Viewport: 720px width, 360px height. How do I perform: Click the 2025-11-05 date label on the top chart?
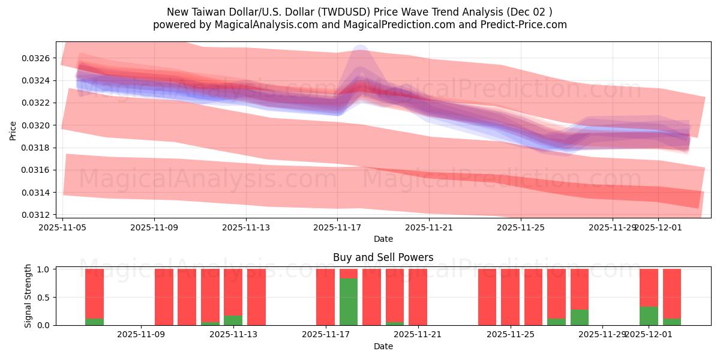(63, 227)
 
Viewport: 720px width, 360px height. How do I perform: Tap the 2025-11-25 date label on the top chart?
(521, 227)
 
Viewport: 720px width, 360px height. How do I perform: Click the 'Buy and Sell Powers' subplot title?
(383, 258)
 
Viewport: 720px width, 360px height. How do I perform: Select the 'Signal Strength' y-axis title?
(28, 296)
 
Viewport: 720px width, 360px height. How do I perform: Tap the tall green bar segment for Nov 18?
(349, 302)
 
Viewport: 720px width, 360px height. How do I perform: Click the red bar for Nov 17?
(325, 297)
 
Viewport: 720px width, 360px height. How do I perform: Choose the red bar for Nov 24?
(487, 297)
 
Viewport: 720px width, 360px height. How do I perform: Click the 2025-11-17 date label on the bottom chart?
(325, 335)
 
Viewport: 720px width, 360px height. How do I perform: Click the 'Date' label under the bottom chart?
(383, 346)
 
